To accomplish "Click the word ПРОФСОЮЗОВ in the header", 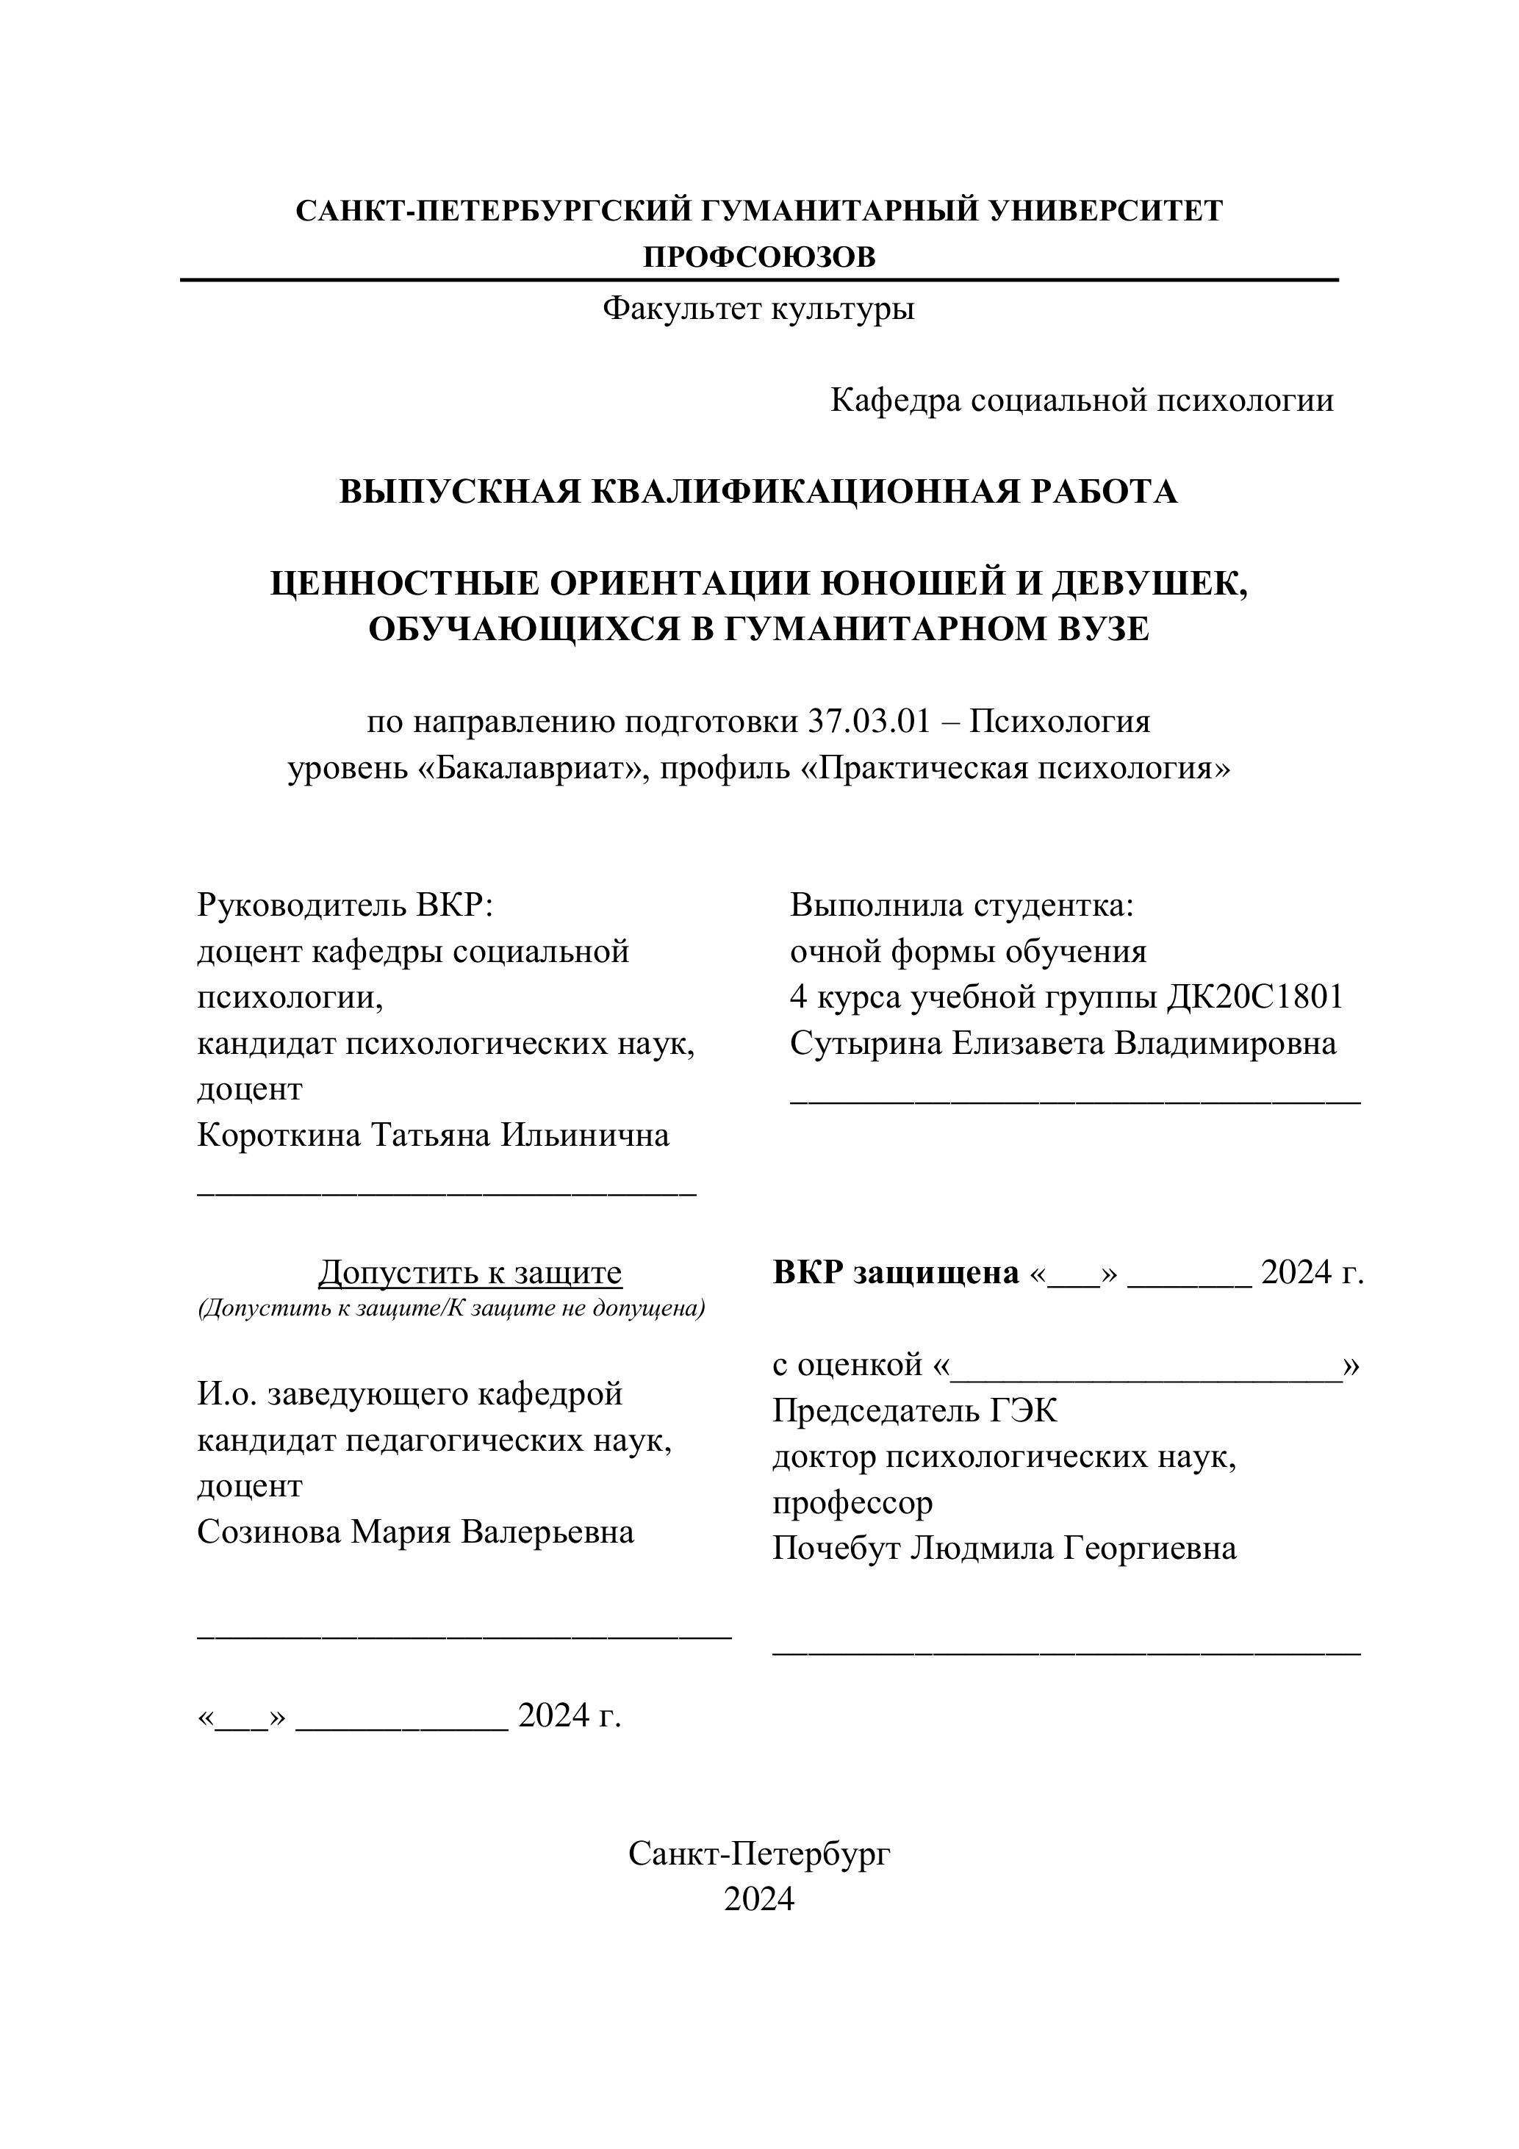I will (759, 256).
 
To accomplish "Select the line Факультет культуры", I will (758, 308).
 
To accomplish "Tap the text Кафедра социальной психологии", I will (1081, 401).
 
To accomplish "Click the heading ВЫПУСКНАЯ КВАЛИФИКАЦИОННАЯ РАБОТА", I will (758, 492).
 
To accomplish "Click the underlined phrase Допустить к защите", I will (470, 1272).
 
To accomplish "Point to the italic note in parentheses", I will (451, 1307).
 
